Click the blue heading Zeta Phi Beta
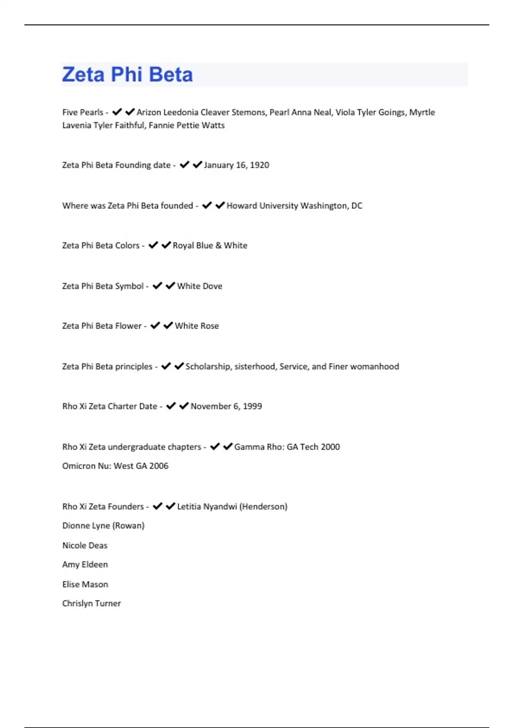tap(127, 75)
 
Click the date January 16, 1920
tap(236, 165)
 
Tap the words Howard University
tap(262, 206)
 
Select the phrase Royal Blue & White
tap(210, 246)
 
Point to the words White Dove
tap(200, 286)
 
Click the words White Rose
tap(197, 326)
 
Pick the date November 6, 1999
tap(226, 406)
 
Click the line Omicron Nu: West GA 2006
tap(115, 466)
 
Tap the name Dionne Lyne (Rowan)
tap(103, 525)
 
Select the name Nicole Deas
tap(85, 546)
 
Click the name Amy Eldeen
tap(85, 565)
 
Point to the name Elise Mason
tap(85, 585)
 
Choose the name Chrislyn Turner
tap(92, 603)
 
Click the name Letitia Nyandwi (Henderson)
tap(232, 507)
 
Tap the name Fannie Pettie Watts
tap(187, 125)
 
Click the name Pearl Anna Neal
tap(300, 113)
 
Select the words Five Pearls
tap(83, 113)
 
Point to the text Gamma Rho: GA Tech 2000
tap(287, 447)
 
